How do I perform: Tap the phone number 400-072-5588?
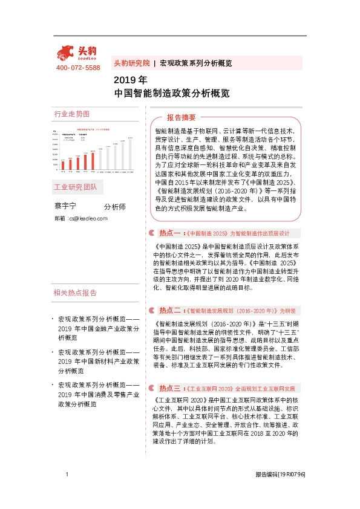point(77,68)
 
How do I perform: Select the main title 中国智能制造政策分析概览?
point(172,94)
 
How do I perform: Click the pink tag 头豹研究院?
point(132,63)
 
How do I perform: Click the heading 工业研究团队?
point(75,187)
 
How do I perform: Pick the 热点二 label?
point(170,311)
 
